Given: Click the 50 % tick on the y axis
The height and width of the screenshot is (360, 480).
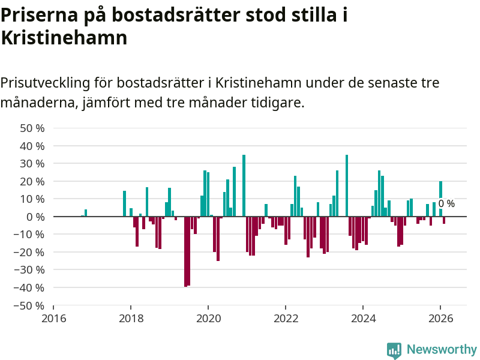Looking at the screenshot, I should [x=32, y=128].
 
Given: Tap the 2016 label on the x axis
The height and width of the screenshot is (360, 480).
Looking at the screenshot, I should [x=53, y=318].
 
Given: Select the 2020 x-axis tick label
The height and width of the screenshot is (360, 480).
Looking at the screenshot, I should [x=208, y=318].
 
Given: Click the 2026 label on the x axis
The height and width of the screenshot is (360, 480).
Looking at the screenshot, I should [x=440, y=318].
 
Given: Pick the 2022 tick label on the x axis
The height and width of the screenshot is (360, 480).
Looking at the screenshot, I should [x=286, y=318].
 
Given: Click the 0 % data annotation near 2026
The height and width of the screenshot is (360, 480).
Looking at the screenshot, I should [x=446, y=204].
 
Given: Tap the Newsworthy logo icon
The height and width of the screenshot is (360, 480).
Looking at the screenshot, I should [x=394, y=350].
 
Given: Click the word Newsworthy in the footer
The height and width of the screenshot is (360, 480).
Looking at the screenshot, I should [x=442, y=350].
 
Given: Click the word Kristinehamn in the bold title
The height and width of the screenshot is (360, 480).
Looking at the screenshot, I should [x=64, y=38].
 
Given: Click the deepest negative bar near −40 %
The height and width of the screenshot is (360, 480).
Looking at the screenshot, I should [x=186, y=251].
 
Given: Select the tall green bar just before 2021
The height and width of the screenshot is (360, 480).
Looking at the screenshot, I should [x=244, y=185].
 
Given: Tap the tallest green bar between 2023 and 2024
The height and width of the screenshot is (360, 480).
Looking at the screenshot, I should [x=347, y=185].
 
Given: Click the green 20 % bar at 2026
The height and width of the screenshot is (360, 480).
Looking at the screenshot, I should [x=440, y=199].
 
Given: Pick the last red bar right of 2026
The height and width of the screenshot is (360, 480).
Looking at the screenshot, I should [x=444, y=220].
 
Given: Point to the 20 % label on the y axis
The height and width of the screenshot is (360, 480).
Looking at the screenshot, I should [x=32, y=181].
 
